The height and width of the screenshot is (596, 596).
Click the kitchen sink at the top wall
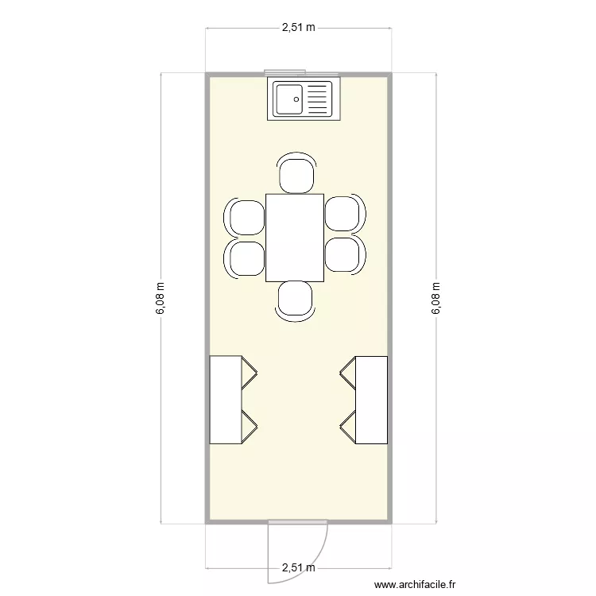point(302,99)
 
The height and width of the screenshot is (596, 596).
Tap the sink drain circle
point(296,99)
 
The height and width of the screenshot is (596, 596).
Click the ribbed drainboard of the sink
point(316,99)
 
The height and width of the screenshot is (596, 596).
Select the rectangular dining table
point(295,238)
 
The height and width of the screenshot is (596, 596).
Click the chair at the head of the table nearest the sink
point(295,174)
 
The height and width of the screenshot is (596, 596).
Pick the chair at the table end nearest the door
point(295,301)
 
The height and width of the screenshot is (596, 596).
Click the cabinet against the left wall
point(225,400)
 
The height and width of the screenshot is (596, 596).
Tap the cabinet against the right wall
point(371,400)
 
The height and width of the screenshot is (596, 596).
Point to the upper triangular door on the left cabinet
point(250,373)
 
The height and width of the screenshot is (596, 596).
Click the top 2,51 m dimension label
point(298,28)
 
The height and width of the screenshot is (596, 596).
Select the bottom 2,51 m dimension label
point(298,568)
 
